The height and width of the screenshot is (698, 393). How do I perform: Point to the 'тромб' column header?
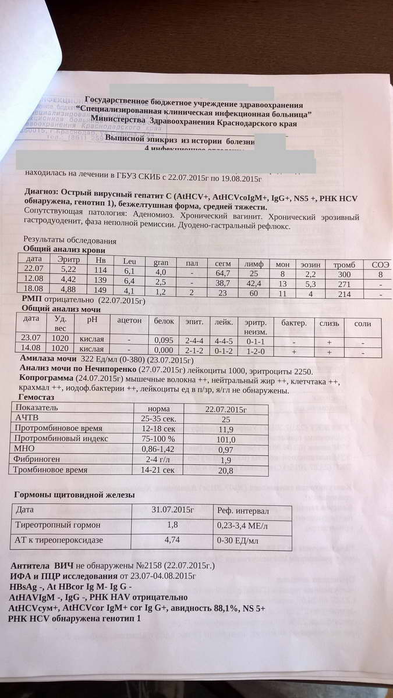344,265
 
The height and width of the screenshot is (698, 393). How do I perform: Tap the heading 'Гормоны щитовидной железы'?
75,495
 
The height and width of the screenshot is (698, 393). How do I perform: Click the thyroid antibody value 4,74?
172,540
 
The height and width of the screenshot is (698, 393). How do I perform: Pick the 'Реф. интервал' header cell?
243,511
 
